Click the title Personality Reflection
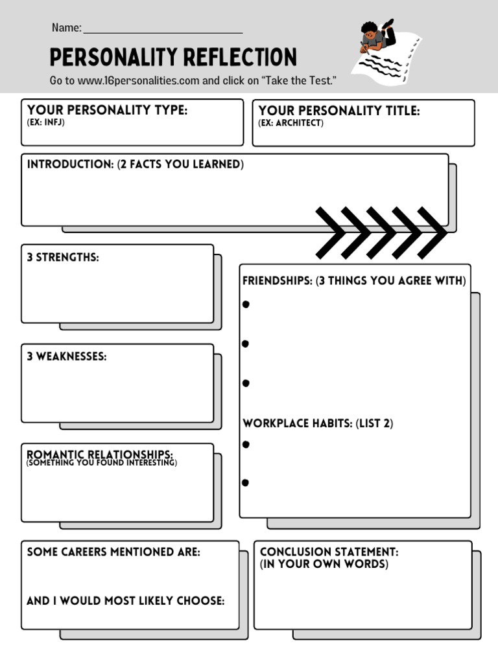pos(173,57)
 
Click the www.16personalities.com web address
pos(138,81)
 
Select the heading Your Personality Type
pos(107,110)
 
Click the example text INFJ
pos(54,122)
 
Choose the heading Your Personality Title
pos(338,111)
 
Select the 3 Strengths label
pos(63,257)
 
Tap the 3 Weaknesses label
pos(67,356)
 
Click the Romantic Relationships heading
pos(100,455)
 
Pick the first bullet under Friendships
pos(246,304)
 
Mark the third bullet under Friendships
pos(246,383)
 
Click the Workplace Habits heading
pos(318,423)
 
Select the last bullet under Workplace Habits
pos(246,482)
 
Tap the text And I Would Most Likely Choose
pos(125,601)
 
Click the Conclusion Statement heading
pos(329,552)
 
